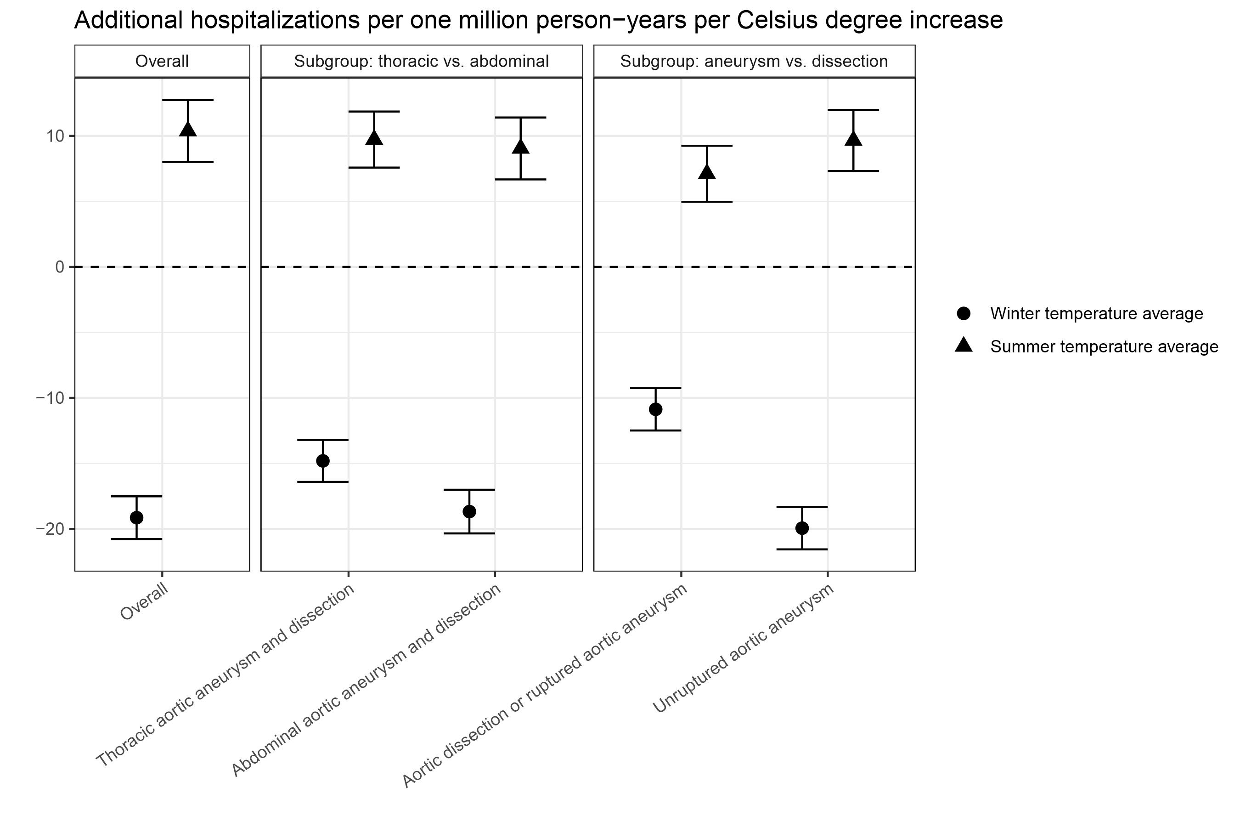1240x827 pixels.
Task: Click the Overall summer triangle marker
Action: (x=188, y=129)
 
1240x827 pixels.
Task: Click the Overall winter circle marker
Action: (x=136, y=517)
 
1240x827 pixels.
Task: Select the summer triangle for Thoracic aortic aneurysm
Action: (x=374, y=138)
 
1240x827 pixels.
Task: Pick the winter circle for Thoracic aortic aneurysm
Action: (x=323, y=461)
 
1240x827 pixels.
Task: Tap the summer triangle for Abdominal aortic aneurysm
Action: (x=520, y=147)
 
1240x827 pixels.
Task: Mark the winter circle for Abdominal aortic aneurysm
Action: (x=469, y=512)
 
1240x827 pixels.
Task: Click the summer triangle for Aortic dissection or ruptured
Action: (x=707, y=172)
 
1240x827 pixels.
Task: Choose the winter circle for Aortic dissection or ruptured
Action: (x=656, y=409)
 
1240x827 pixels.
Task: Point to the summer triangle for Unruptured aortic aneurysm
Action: (x=853, y=139)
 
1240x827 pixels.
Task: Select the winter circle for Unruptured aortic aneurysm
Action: (x=802, y=528)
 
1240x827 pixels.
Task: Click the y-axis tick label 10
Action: (x=54, y=136)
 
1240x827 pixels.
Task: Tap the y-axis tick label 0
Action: (x=60, y=267)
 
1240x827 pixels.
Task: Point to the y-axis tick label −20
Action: (x=50, y=529)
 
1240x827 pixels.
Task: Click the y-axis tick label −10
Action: (x=50, y=398)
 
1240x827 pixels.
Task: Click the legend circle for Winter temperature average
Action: (x=963, y=313)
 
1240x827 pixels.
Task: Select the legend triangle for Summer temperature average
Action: (x=963, y=346)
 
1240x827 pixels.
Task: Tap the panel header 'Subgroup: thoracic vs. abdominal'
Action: (x=421, y=61)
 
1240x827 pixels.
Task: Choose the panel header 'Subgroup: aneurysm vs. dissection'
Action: (x=754, y=61)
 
